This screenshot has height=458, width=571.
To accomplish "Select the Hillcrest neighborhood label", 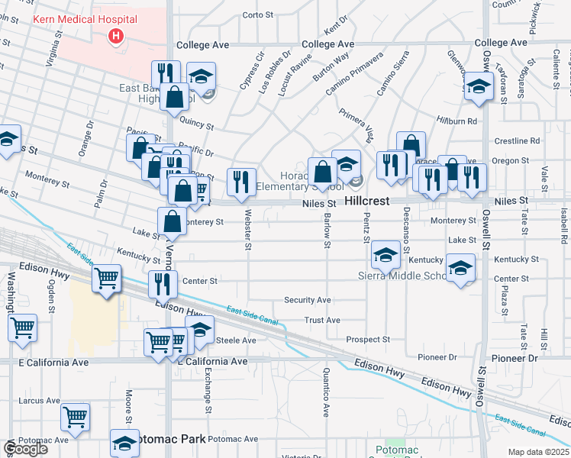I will click(x=367, y=201).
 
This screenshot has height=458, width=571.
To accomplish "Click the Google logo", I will click(x=25, y=450).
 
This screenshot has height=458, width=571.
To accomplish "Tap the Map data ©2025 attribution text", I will click(x=538, y=452).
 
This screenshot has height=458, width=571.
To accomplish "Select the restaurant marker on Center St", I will click(x=162, y=284).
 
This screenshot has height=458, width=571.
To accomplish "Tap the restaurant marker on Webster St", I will click(x=241, y=182).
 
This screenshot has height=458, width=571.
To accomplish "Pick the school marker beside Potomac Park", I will click(x=124, y=443).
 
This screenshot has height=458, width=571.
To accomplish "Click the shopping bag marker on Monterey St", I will click(x=173, y=222).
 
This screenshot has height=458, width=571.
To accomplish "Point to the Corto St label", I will click(x=257, y=15).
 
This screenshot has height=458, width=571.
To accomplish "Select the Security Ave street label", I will click(x=308, y=300).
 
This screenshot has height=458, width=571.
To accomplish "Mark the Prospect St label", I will click(x=368, y=339).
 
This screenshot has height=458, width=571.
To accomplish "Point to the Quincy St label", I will click(x=196, y=123).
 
